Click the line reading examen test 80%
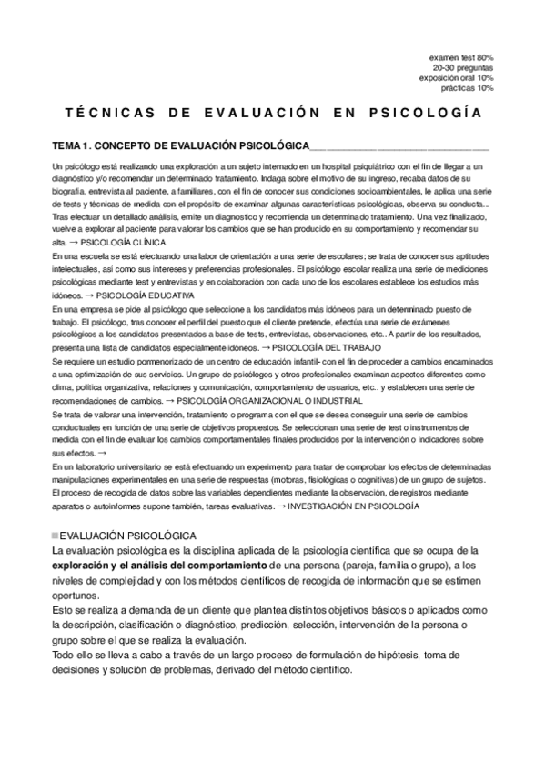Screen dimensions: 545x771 pyautogui.click(x=461, y=58)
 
